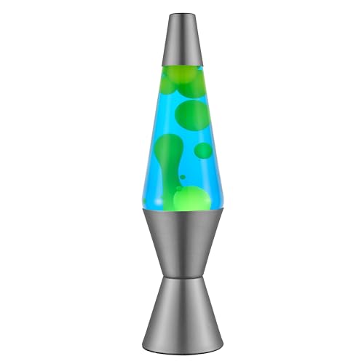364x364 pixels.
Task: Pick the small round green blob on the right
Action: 204,151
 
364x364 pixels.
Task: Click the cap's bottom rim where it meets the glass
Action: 181,64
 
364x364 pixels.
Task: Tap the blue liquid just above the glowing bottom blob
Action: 191,182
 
